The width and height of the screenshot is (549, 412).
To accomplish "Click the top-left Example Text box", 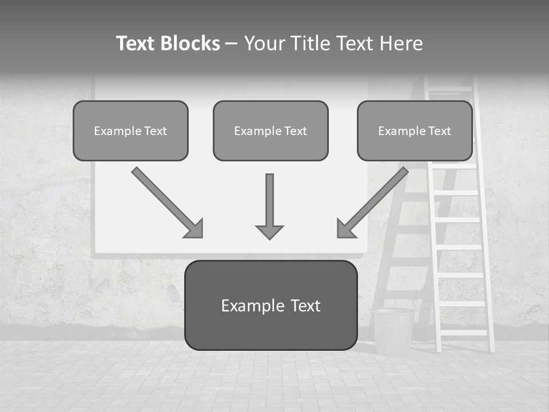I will pyautogui.click(x=130, y=130).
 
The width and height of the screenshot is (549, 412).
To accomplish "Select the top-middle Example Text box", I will pyautogui.click(x=270, y=130).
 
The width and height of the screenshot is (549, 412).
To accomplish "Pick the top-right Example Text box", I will pyautogui.click(x=415, y=130).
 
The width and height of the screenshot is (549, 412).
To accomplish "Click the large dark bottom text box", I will pyautogui.click(x=270, y=305).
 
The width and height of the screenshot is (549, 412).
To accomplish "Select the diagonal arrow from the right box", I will pyautogui.click(x=375, y=200).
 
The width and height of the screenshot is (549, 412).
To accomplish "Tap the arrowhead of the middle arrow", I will pyautogui.click(x=269, y=231).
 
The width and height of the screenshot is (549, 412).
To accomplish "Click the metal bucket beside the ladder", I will pyautogui.click(x=393, y=330).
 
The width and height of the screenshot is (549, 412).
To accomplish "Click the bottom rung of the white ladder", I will pyautogui.click(x=464, y=332).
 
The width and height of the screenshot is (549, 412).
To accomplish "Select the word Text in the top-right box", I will pyautogui.click(x=439, y=131).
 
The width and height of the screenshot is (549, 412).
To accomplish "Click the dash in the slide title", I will pyautogui.click(x=232, y=44).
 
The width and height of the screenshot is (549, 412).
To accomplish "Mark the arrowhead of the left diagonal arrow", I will pyautogui.click(x=194, y=229).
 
